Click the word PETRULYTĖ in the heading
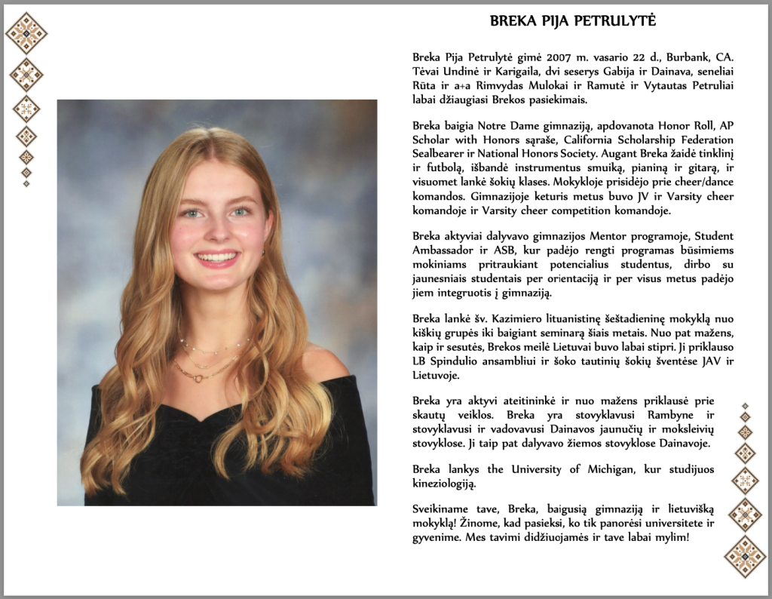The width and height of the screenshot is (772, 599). tap(617, 21)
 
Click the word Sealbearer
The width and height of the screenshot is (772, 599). tap(440, 153)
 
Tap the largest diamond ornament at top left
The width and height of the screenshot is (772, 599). tap(26, 32)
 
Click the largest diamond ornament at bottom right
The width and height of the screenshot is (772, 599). tap(745, 557)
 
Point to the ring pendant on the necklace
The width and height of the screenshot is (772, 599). tap(199, 377)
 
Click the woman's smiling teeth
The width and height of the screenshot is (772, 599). tap(217, 257)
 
